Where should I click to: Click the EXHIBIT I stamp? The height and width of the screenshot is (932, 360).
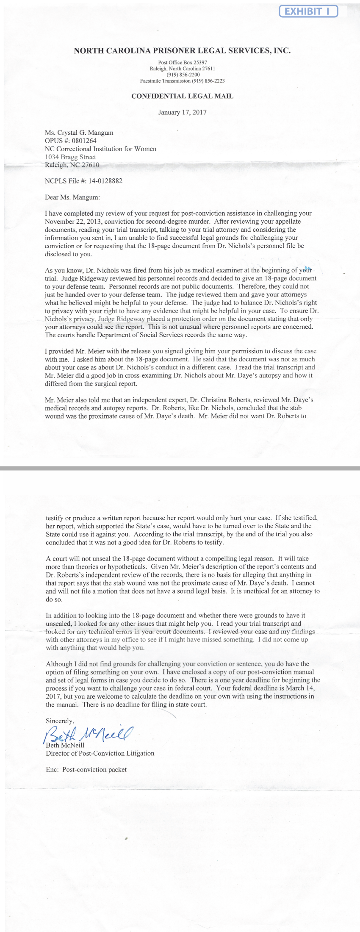tap(308, 11)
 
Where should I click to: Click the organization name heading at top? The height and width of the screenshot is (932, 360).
tap(182, 51)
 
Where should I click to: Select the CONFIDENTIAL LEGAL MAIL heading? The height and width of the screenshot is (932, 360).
tap(182, 96)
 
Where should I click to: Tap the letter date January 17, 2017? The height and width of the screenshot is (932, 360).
tap(182, 112)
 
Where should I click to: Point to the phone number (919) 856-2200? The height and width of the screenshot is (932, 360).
tap(182, 75)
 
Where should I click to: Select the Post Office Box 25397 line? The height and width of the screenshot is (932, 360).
tap(182, 62)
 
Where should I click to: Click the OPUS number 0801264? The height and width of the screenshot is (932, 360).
tap(83, 141)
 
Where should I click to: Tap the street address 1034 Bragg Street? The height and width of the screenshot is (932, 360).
tap(70, 157)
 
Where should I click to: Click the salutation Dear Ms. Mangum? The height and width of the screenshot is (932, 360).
tap(72, 197)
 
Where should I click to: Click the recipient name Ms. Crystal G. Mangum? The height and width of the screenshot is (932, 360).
tap(79, 133)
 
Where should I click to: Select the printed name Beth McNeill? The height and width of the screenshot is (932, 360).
tap(65, 745)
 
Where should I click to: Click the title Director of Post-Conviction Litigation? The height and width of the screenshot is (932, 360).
tap(100, 753)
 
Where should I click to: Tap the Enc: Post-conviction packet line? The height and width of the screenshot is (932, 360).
tap(86, 769)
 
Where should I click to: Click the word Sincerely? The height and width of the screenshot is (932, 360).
tap(60, 721)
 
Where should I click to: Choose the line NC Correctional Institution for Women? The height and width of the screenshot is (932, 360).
tap(100, 149)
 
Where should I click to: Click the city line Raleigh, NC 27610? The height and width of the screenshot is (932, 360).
tap(72, 165)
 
